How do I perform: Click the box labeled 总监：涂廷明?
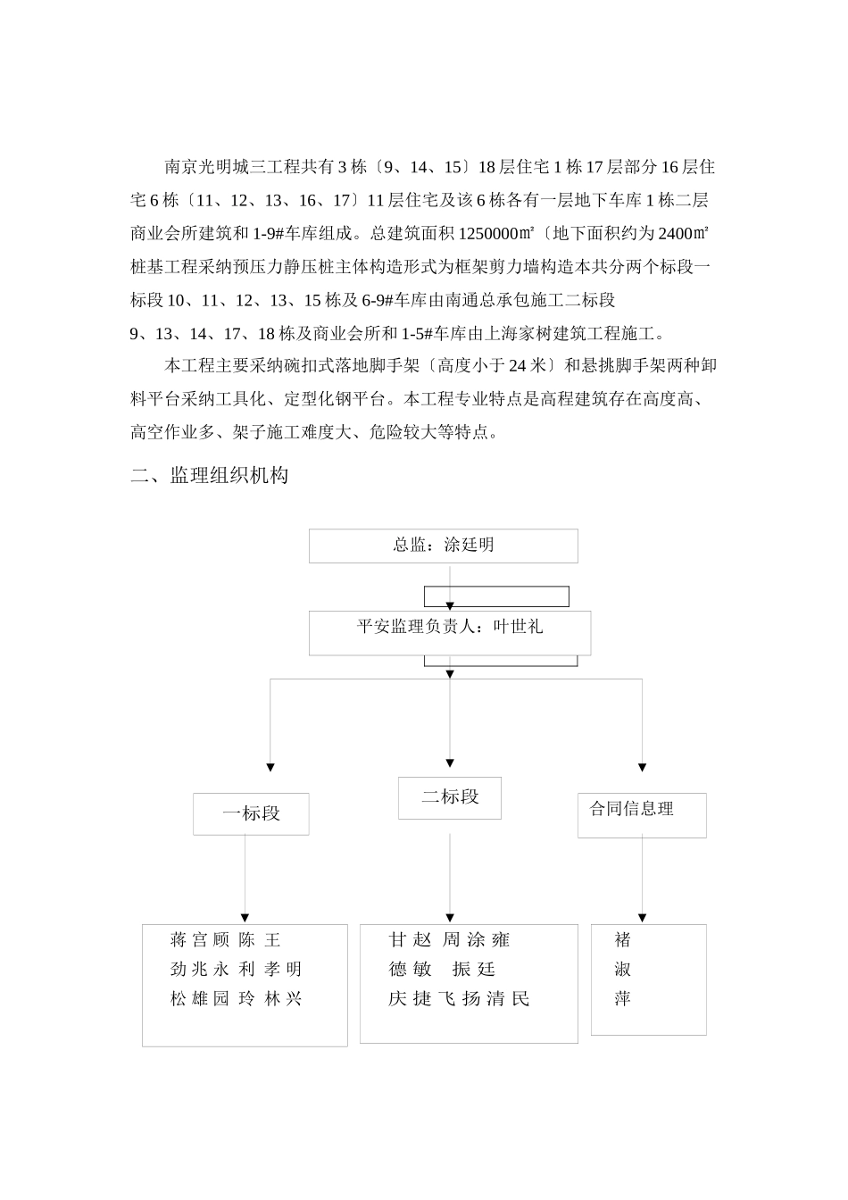[443, 546]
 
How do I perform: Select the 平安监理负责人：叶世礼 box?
[449, 632]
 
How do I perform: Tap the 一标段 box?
[251, 813]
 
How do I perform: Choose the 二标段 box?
[449, 797]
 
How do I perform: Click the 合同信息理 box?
[641, 814]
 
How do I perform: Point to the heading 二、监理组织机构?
[209, 476]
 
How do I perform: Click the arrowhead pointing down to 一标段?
[270, 767]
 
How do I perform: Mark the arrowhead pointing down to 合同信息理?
[642, 767]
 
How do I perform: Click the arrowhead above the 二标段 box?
[449, 763]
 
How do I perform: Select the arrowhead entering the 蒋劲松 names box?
[245, 917]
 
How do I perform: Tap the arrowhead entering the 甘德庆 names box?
[449, 917]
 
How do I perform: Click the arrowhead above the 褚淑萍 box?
[642, 917]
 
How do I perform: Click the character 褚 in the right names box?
[622, 940]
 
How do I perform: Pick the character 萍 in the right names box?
[622, 999]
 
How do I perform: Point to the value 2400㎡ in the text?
[683, 235]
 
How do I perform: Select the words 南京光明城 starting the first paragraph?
[200, 167]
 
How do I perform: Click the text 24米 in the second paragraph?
[526, 365]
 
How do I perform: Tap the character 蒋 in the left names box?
[179, 940]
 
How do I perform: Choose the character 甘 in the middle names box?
[397, 940]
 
